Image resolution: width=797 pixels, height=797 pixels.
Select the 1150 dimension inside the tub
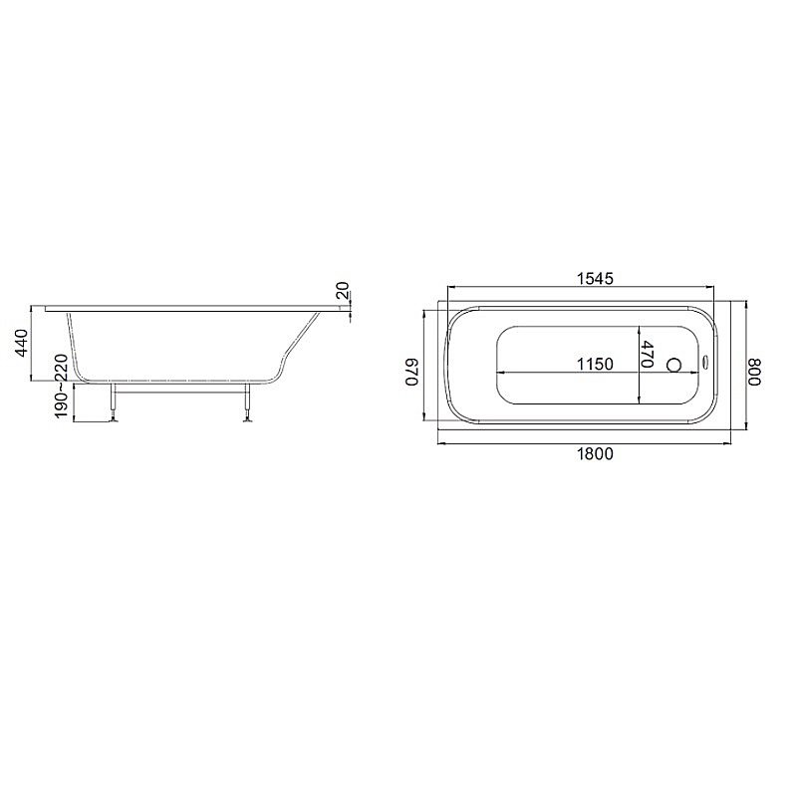[595, 365]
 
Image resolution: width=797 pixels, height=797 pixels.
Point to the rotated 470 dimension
[648, 356]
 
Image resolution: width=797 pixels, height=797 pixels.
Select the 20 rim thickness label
[342, 291]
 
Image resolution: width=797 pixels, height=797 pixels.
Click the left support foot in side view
[115, 417]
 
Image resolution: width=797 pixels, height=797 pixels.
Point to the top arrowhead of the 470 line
[641, 330]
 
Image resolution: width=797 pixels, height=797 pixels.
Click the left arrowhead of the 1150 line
[498, 373]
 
